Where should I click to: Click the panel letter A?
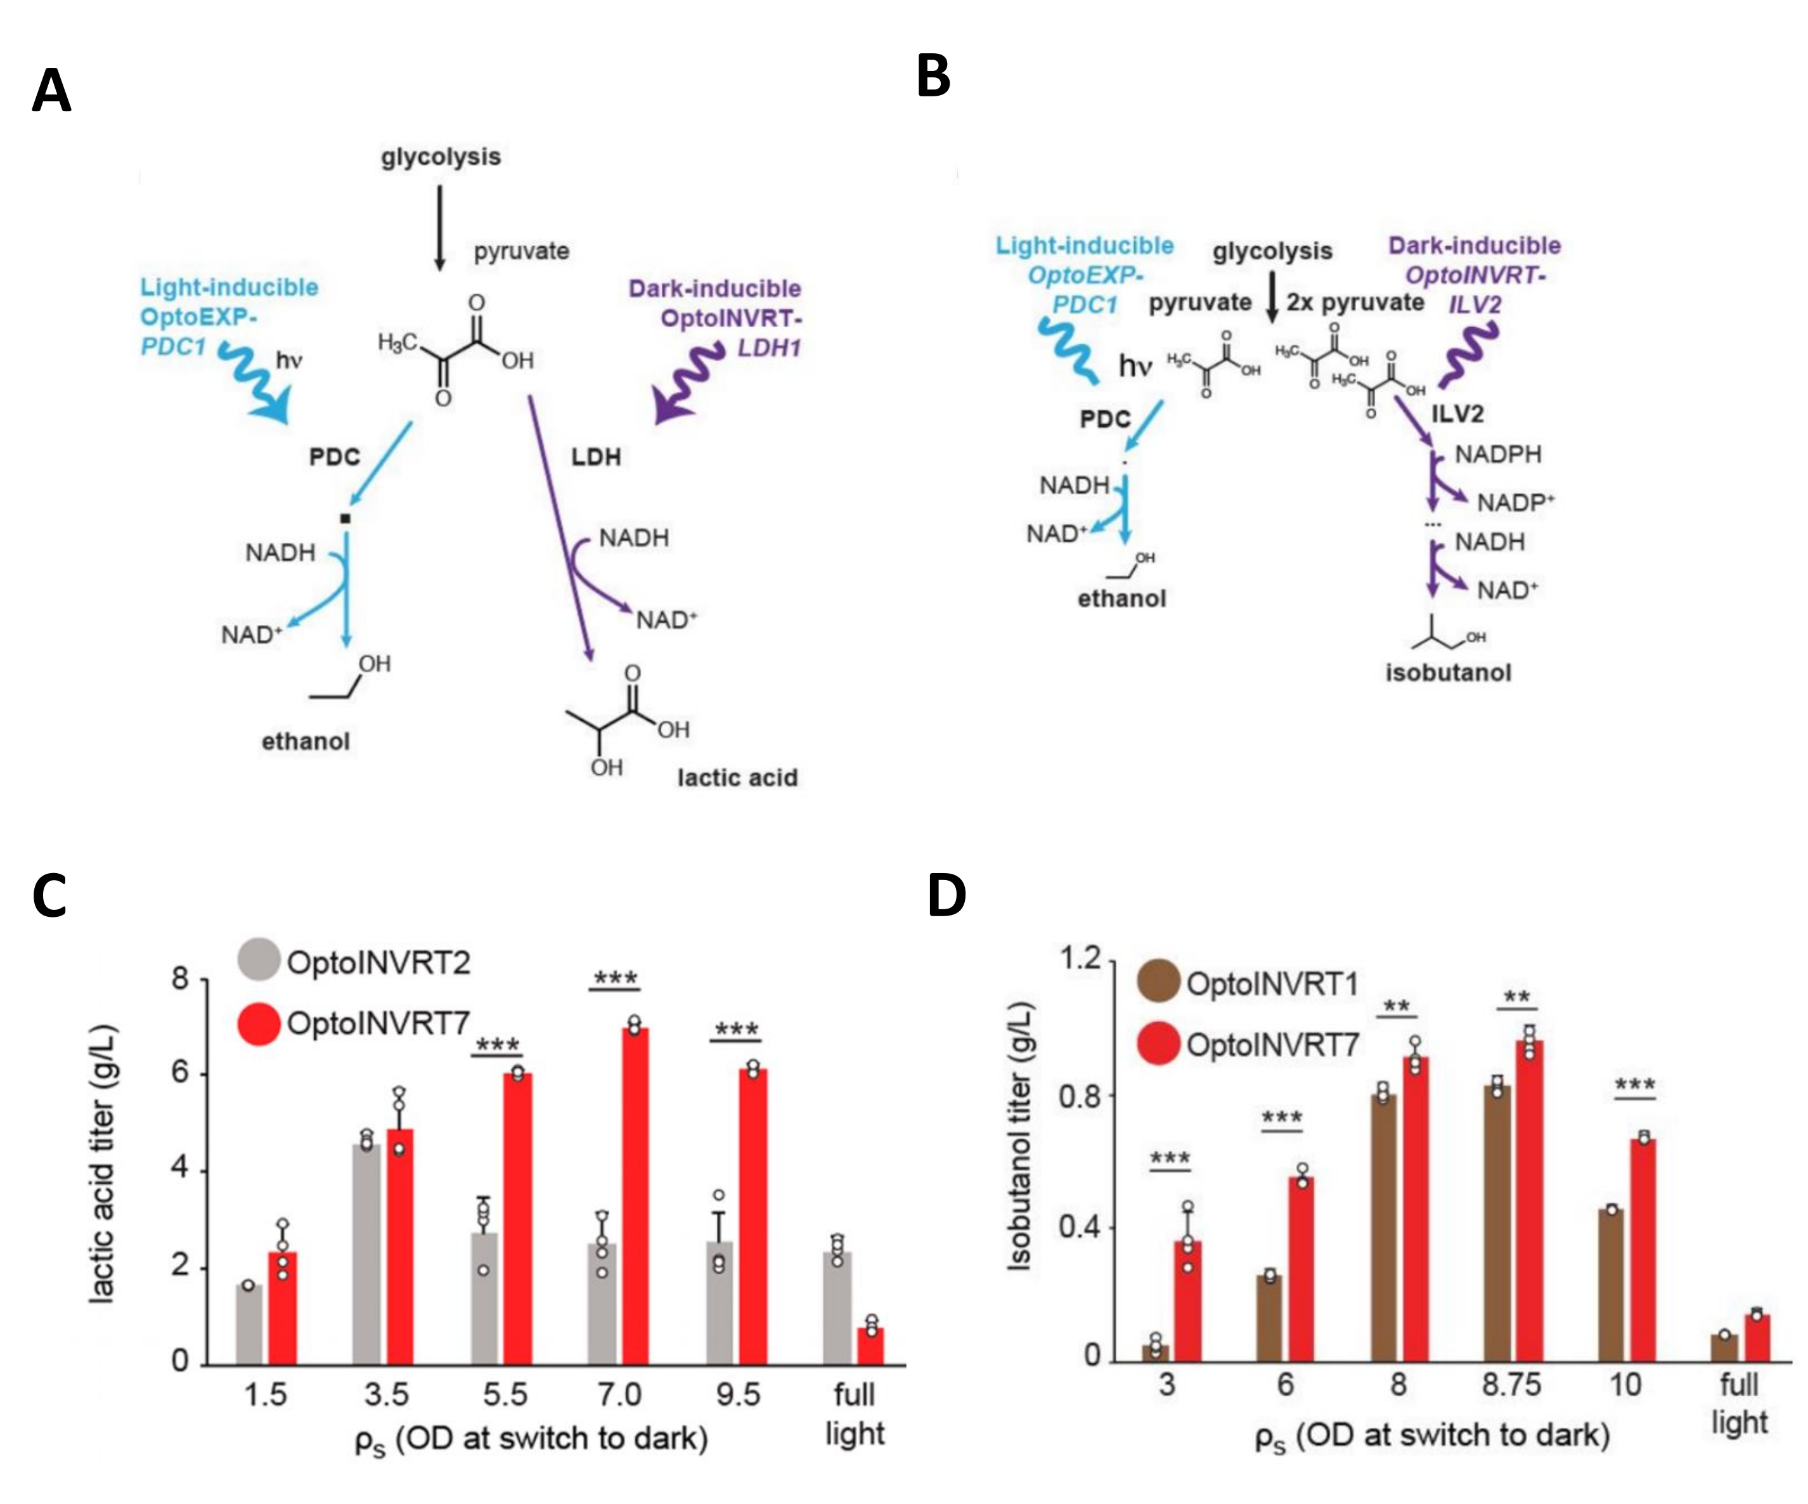51,91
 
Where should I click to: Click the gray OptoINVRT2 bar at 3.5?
367,1254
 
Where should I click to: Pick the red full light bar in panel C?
870,1345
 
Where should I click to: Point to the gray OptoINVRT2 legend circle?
258,960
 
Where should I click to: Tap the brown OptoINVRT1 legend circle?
1158,982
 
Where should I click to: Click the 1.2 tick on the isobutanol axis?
1080,958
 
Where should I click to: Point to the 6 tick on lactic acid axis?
180,1073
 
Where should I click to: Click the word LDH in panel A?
596,457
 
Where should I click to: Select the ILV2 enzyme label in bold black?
1457,414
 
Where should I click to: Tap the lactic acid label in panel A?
737,777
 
